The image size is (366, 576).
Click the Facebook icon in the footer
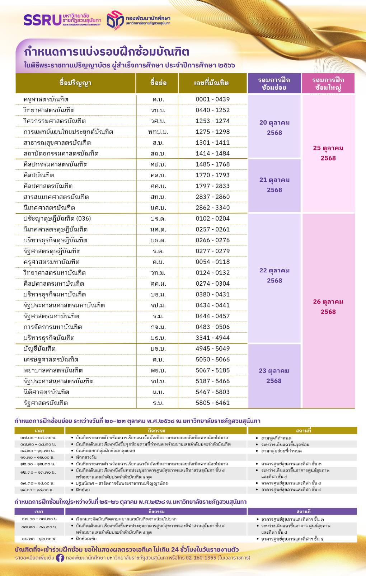click(x=60, y=558)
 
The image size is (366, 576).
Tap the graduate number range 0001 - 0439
click(x=212, y=99)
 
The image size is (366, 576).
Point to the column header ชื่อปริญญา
click(x=75, y=83)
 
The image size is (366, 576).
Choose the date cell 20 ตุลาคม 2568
click(x=274, y=127)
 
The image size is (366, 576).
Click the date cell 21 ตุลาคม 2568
click(x=274, y=185)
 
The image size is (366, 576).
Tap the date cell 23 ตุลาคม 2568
click(x=274, y=376)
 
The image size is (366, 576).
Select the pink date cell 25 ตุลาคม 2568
click(x=328, y=153)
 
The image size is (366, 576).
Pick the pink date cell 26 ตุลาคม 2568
click(x=328, y=306)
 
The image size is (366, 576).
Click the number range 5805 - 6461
click(x=212, y=403)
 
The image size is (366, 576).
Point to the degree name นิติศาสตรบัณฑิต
click(x=46, y=392)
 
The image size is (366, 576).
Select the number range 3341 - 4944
click(x=212, y=338)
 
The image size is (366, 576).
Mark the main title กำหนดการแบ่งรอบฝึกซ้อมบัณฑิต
click(x=106, y=52)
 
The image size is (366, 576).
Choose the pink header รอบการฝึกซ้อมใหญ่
click(x=328, y=83)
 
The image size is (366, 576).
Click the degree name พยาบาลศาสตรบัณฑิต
click(x=53, y=370)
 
